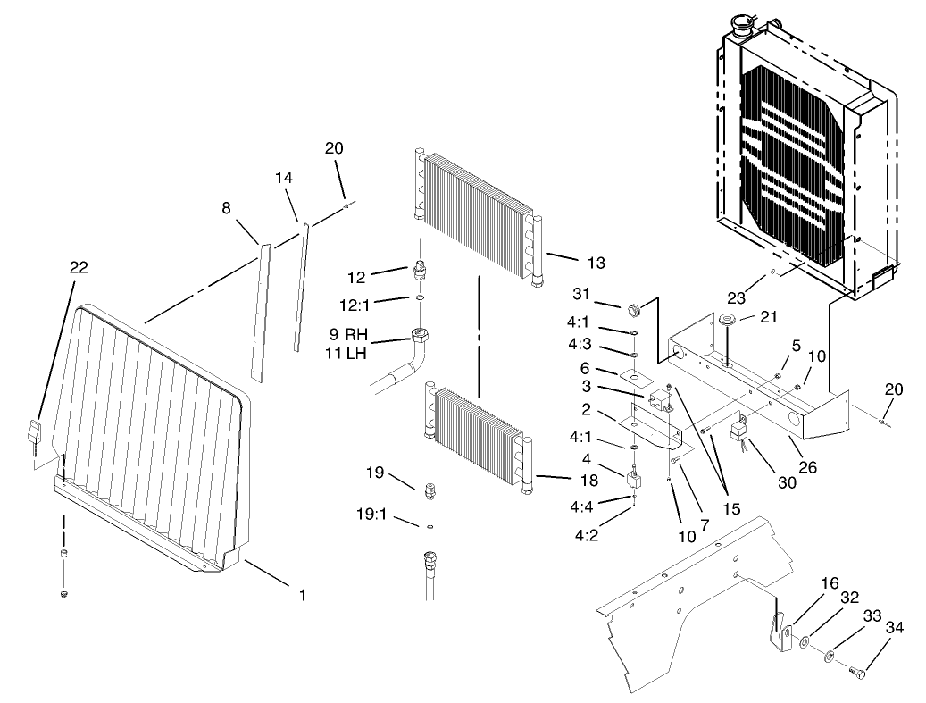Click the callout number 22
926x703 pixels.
(x=79, y=266)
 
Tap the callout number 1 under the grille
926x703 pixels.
(x=302, y=594)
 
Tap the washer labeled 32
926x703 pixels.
(x=806, y=640)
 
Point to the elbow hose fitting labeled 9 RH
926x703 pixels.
(x=421, y=339)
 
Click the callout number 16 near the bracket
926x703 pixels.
(x=830, y=583)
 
